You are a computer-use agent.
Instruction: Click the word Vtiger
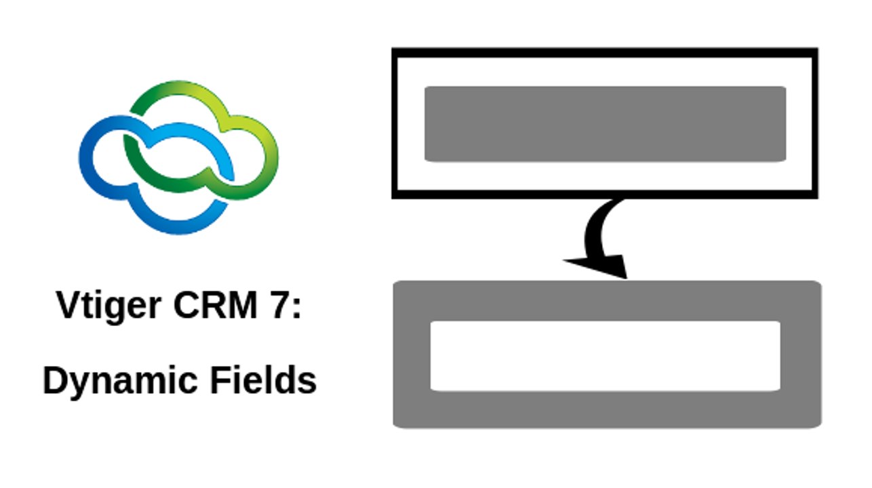coord(108,306)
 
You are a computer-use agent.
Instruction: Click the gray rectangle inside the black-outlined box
coord(605,124)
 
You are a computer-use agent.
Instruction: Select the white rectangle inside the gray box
coord(605,356)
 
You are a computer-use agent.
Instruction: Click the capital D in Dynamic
coord(56,380)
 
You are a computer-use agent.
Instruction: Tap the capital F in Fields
coord(220,380)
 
